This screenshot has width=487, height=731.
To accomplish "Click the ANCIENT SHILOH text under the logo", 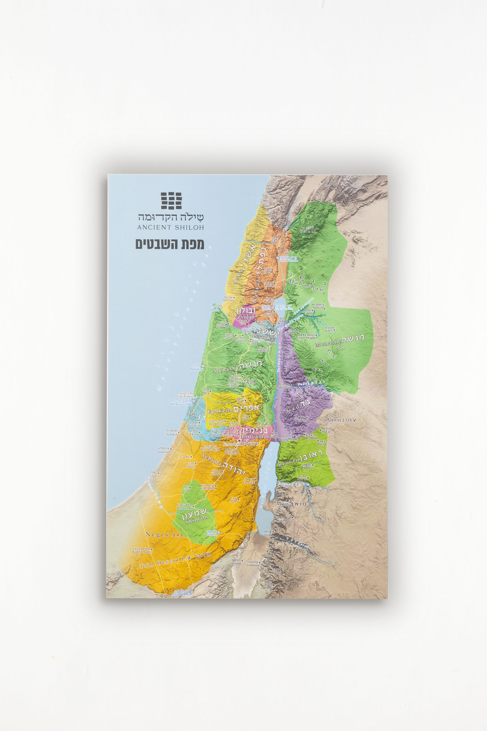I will [170, 227].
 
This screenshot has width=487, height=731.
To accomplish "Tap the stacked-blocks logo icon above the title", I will [171, 200].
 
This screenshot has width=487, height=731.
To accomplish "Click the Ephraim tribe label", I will [220, 411].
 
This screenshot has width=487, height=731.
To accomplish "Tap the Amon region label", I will [334, 420].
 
